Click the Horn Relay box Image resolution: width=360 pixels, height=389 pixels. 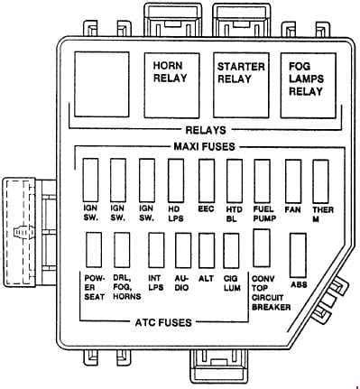pos(172,86)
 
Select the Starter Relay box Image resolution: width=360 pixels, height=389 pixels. pos(241,86)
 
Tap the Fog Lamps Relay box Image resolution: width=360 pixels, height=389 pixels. pos(309,86)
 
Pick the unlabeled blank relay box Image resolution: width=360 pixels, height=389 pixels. pos(102,84)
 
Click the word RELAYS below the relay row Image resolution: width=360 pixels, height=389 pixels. pos(206,130)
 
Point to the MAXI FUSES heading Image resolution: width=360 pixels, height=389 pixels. pos(204,147)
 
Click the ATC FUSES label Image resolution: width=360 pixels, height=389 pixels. pos(163,322)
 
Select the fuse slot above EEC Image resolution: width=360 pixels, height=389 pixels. pos(207,181)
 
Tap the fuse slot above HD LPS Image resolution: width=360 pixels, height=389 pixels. pos(176,181)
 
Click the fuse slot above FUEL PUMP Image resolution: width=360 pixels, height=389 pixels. pos(262,181)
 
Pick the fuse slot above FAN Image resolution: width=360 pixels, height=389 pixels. pos(293,181)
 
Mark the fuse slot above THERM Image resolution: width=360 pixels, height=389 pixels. pos(320,181)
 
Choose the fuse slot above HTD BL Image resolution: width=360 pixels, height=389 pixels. pos(235,181)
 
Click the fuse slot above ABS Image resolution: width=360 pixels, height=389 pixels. pos(298,255)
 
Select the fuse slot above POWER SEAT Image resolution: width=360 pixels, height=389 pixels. pos(94,250)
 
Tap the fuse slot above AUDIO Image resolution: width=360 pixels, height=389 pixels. pos(183,250)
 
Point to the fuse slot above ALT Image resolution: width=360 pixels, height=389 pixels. pos(207,250)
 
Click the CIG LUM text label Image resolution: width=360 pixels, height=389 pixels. pos(232,283)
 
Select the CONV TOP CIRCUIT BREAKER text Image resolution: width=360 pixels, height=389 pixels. pos(271,293)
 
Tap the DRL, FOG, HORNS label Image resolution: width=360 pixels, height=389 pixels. pos(127,287)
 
